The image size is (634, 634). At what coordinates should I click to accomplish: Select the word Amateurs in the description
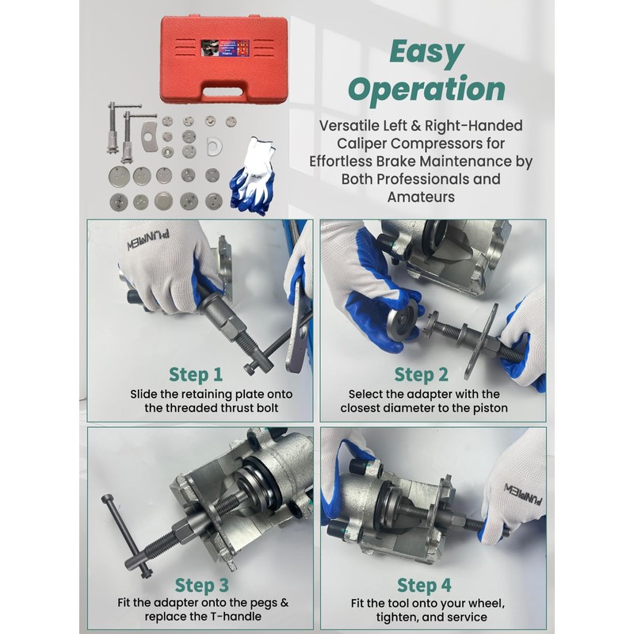coord(421,197)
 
